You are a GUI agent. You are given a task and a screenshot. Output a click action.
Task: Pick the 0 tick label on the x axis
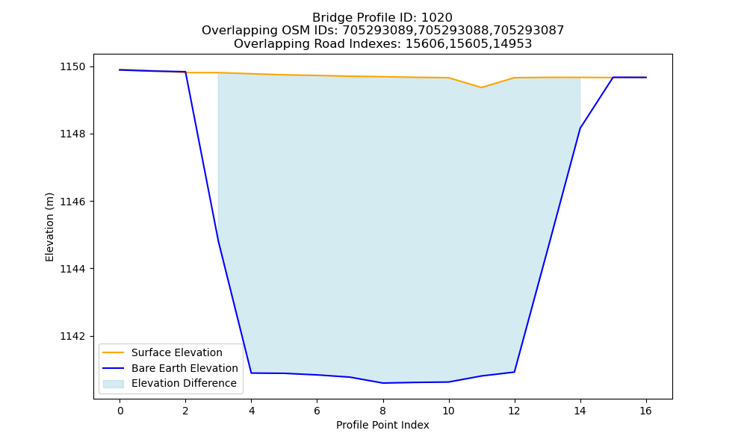tap(120, 411)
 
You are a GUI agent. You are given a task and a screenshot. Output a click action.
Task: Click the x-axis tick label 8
tap(383, 411)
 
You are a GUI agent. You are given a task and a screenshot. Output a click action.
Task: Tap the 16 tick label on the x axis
tap(645, 411)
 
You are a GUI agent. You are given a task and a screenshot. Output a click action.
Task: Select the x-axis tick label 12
tap(514, 411)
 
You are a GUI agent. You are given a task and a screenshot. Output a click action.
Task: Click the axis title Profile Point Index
tap(382, 425)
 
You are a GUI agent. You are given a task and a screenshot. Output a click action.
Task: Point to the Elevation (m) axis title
tap(49, 227)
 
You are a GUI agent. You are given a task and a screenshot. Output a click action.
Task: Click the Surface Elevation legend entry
tap(163, 352)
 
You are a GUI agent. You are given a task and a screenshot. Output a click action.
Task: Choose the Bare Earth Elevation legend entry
tap(170, 368)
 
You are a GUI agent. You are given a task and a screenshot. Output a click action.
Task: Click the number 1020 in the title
tap(437, 18)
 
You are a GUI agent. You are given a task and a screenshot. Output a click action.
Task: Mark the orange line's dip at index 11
tap(481, 87)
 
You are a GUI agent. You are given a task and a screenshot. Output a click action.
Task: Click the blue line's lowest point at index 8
tap(383, 383)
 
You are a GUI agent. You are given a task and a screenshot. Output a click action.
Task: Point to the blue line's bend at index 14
tap(580, 128)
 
